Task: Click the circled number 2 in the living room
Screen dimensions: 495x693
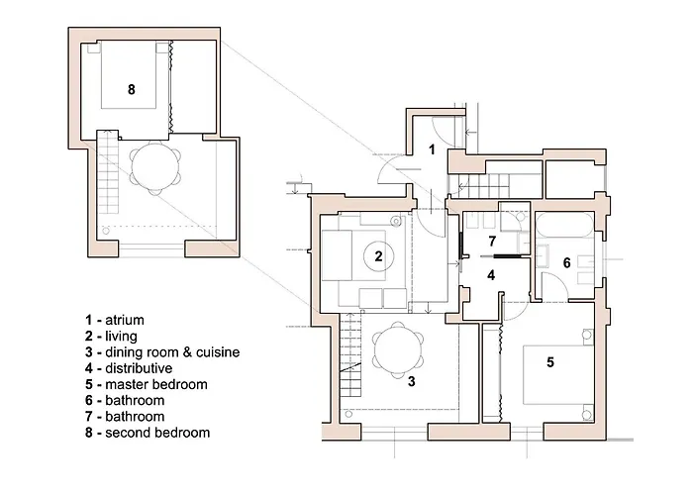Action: (x=378, y=256)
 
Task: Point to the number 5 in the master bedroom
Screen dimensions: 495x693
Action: (x=550, y=362)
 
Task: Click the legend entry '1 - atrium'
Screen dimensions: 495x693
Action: (x=115, y=320)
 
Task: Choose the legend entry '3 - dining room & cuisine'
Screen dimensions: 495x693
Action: (x=162, y=352)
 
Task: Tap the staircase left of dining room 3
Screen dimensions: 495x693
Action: (x=349, y=356)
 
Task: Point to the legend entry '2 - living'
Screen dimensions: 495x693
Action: (x=110, y=337)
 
